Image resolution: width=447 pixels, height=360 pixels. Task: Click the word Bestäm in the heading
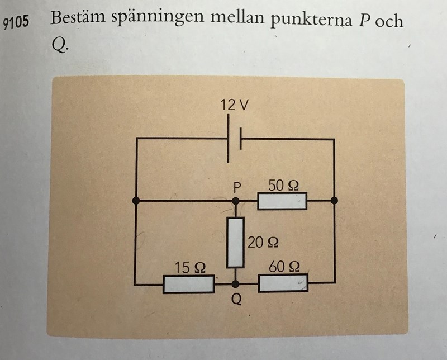coord(79,18)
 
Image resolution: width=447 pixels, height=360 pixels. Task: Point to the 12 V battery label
coord(234,105)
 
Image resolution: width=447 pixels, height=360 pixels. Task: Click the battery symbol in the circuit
coord(235,139)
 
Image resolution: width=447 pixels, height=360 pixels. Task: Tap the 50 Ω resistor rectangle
coord(282,201)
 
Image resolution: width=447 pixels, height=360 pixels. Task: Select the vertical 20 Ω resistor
coord(236,243)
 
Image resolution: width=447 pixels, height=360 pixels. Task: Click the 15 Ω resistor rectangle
coord(188,284)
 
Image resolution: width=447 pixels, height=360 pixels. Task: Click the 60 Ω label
coord(284,267)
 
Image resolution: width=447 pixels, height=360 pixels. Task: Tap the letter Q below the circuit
coord(236,300)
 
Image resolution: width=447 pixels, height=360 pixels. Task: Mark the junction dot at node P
coord(236,200)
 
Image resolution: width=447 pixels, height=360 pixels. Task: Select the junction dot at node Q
coord(236,284)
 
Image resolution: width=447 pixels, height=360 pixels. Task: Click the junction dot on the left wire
coord(136,200)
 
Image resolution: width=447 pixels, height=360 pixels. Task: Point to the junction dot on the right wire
coord(334,200)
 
